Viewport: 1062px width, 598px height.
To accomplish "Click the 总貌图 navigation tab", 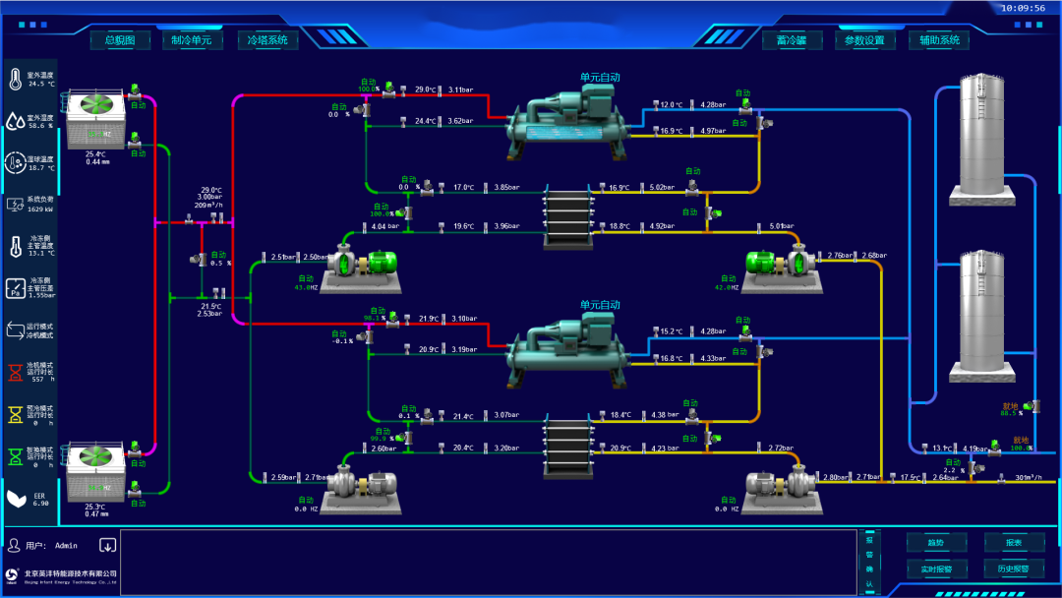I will [x=121, y=40].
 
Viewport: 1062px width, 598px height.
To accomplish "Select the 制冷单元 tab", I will [x=192, y=40].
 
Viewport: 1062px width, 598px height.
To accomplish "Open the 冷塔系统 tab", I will [x=267, y=40].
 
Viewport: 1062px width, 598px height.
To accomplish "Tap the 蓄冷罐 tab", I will [x=792, y=40].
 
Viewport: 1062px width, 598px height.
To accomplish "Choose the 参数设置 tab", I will [x=865, y=40].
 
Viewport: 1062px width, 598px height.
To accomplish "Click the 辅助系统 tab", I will [x=939, y=40].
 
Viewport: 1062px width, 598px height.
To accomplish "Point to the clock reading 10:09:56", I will [x=1023, y=8].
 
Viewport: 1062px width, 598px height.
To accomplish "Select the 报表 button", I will [x=1014, y=543].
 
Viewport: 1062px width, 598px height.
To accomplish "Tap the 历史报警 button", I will [x=1014, y=568].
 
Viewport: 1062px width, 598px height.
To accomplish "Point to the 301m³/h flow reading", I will [x=1028, y=478].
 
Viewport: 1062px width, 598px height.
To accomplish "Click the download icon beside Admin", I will [x=107, y=545].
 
